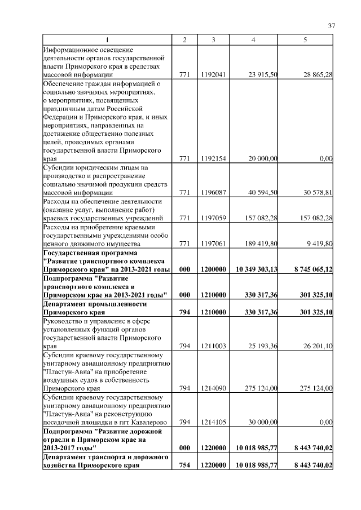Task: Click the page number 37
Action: point(332,25)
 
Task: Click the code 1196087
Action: point(213,193)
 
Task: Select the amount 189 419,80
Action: point(259,244)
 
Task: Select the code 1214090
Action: point(213,388)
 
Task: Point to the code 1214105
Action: point(213,422)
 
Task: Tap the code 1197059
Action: point(213,218)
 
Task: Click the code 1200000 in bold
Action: point(213,269)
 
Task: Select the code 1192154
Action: point(213,159)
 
